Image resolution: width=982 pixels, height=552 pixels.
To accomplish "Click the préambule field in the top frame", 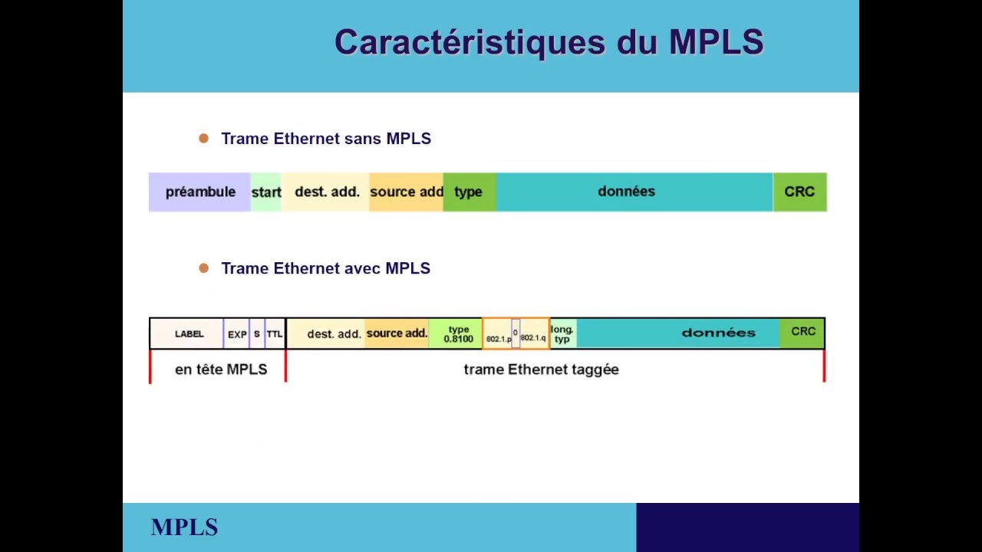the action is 200,192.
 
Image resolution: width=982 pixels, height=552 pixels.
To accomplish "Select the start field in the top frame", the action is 266,192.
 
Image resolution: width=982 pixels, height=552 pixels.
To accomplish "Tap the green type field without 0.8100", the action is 469,192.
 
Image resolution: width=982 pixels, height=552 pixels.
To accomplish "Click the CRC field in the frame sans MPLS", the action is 799,192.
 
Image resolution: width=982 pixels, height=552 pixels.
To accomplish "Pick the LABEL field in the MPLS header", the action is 189,334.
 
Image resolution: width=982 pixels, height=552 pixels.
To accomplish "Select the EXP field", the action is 237,334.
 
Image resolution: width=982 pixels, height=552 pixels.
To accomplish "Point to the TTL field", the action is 275,334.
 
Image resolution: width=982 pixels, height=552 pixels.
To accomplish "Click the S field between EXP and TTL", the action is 257,334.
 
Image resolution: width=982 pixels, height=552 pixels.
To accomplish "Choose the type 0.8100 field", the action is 458,334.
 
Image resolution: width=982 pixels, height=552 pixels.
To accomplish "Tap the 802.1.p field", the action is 498,338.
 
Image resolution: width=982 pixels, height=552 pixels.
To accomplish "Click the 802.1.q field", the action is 533,337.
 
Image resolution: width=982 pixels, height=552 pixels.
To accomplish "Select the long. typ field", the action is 562,334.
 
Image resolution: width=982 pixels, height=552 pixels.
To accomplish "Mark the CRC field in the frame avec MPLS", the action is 803,332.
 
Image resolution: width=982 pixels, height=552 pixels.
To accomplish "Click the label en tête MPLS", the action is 221,370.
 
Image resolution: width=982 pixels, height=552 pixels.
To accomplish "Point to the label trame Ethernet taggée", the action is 541,370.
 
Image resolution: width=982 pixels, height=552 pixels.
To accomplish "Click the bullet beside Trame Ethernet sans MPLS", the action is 203,139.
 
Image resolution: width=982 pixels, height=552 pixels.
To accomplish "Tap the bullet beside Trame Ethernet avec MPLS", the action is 203,268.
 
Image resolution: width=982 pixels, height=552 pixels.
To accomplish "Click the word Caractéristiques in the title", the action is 470,42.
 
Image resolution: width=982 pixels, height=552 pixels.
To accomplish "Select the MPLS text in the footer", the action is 184,527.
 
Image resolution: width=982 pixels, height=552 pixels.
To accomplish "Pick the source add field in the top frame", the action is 406,192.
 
